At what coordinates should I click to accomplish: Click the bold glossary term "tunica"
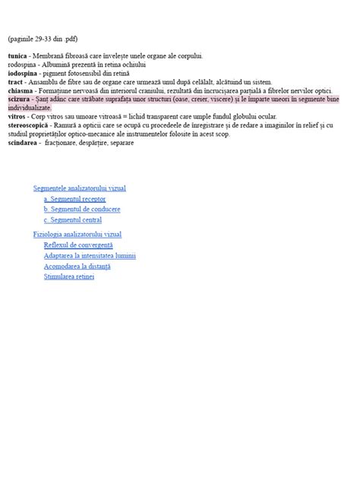click(18, 57)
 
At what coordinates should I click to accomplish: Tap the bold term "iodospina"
click(23, 74)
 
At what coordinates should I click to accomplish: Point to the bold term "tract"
click(15, 83)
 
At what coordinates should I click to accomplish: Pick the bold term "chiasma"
click(21, 91)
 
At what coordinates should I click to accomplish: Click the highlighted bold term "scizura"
click(20, 100)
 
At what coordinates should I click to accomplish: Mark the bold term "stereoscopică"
click(30, 125)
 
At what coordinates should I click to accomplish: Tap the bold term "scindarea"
click(24, 142)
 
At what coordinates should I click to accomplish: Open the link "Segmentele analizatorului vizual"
click(79, 188)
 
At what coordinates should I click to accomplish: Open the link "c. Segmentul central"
click(73, 219)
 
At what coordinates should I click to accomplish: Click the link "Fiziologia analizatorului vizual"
click(77, 235)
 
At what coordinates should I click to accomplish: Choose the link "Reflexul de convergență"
click(78, 245)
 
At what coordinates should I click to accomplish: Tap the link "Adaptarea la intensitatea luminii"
click(90, 256)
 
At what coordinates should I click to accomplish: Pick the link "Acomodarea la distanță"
click(77, 267)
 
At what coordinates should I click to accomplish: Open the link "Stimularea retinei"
click(69, 277)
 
